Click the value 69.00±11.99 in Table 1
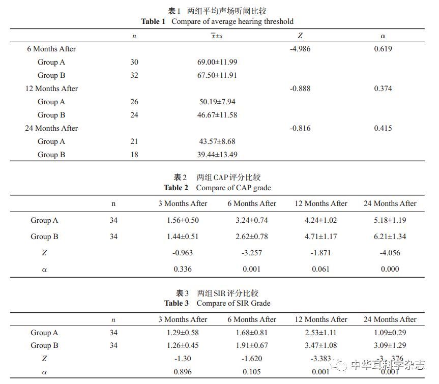pos(217,62)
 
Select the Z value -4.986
pos(300,49)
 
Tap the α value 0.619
pos(383,49)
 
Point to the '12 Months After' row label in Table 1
pos(51,88)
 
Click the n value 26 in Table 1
pos(134,102)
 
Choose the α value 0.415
pos(383,128)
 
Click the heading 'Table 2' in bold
pos(176,188)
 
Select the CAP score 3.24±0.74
pos(251,220)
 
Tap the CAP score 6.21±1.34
pos(390,237)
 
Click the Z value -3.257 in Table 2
pos(251,253)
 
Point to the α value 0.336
pos(183,269)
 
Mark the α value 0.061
pos(320,269)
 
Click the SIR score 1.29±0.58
pos(183,333)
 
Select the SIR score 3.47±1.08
pos(320,345)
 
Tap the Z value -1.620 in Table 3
pos(251,359)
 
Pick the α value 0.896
pos(183,371)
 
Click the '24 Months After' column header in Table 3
pos(390,319)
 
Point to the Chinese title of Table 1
pos(217,11)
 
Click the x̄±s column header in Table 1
pos(217,36)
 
